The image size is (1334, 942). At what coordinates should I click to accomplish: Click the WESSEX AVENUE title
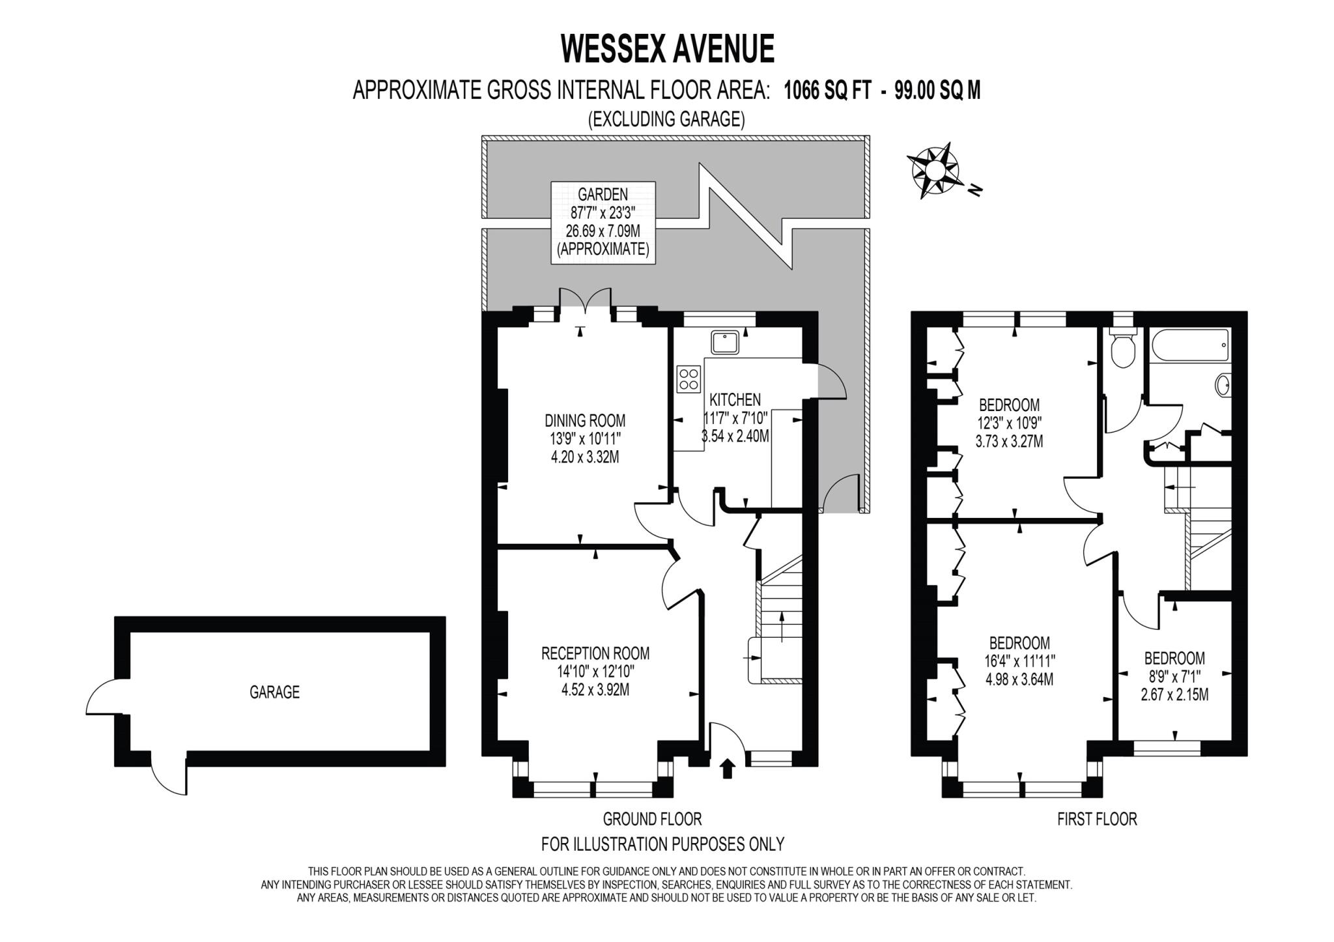click(x=668, y=48)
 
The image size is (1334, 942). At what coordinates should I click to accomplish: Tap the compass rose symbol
click(x=935, y=170)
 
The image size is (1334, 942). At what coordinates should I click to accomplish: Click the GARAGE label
click(x=274, y=692)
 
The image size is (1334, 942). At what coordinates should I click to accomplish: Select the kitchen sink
click(x=725, y=343)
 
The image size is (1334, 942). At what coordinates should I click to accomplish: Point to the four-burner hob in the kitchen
click(x=688, y=380)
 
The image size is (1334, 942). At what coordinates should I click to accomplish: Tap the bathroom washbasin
click(x=1223, y=385)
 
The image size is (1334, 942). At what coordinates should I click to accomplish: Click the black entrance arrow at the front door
click(x=728, y=769)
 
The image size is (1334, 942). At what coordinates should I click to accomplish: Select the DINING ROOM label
click(x=585, y=420)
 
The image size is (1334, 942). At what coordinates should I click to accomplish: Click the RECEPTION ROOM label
click(x=595, y=653)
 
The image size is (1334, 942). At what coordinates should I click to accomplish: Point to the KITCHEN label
click(x=735, y=399)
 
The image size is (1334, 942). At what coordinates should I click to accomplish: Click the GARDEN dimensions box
click(x=603, y=222)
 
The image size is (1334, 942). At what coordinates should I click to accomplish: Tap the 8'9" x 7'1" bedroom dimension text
click(x=1174, y=677)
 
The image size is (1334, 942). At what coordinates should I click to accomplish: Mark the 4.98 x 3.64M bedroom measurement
click(x=1019, y=679)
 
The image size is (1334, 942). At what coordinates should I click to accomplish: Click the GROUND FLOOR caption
click(x=652, y=819)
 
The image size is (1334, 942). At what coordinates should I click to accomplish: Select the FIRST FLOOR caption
click(x=1097, y=819)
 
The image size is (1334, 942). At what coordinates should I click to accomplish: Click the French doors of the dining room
click(x=584, y=304)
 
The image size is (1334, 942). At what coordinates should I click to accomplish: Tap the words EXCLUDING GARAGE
click(x=666, y=119)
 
